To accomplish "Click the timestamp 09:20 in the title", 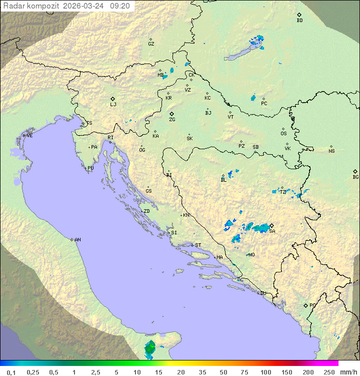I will pos(120,6).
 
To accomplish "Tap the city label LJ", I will pos(113,105).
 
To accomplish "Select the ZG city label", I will pos(172,120).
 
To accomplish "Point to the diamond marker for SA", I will pos(272,225).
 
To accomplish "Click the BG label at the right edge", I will pos(355,177).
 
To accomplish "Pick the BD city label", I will pos(299,21).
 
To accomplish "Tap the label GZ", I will pos(151,44).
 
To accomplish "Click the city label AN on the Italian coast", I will pos(77,240).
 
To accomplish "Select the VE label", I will pos(29,136).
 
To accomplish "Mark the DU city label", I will pos(262,293).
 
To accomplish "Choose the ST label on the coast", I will pos(198,245).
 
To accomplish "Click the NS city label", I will pos(331,151).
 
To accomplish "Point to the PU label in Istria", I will pos(90,168).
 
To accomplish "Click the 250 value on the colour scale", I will pos(328,372).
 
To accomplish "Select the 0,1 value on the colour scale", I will pos(11,372).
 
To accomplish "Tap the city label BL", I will pos(223,180).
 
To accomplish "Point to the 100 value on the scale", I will pos(265,372).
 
